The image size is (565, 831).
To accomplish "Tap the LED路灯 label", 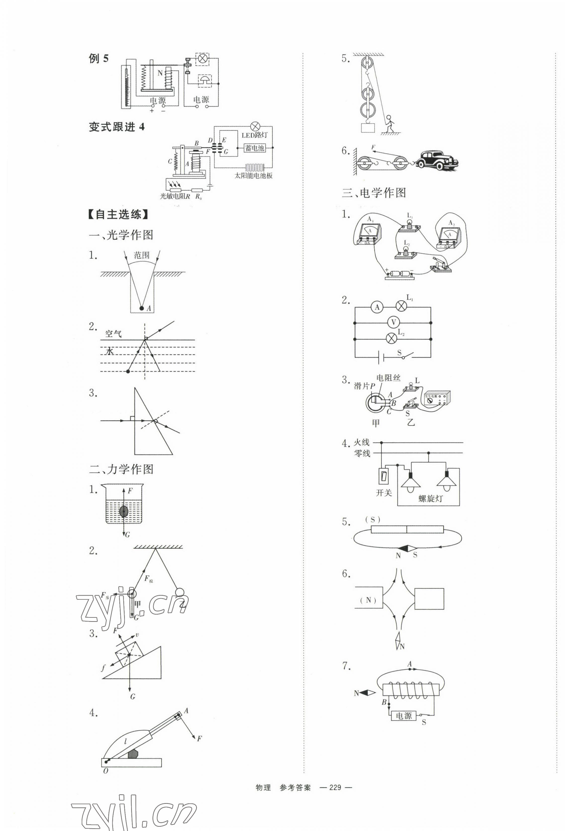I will click(254, 135).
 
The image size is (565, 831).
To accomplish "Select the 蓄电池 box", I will click(255, 148).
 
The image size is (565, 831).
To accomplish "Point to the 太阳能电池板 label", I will click(253, 175).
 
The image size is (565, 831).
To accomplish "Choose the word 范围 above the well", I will click(141, 255).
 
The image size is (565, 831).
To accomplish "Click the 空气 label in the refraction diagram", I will click(113, 334).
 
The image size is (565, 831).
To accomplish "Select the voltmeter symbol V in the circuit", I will click(393, 322).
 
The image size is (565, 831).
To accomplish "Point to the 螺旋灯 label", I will click(430, 498).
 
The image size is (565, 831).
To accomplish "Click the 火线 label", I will click(362, 442).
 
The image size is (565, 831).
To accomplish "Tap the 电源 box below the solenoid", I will click(403, 716).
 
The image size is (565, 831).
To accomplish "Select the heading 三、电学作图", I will click(374, 193).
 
